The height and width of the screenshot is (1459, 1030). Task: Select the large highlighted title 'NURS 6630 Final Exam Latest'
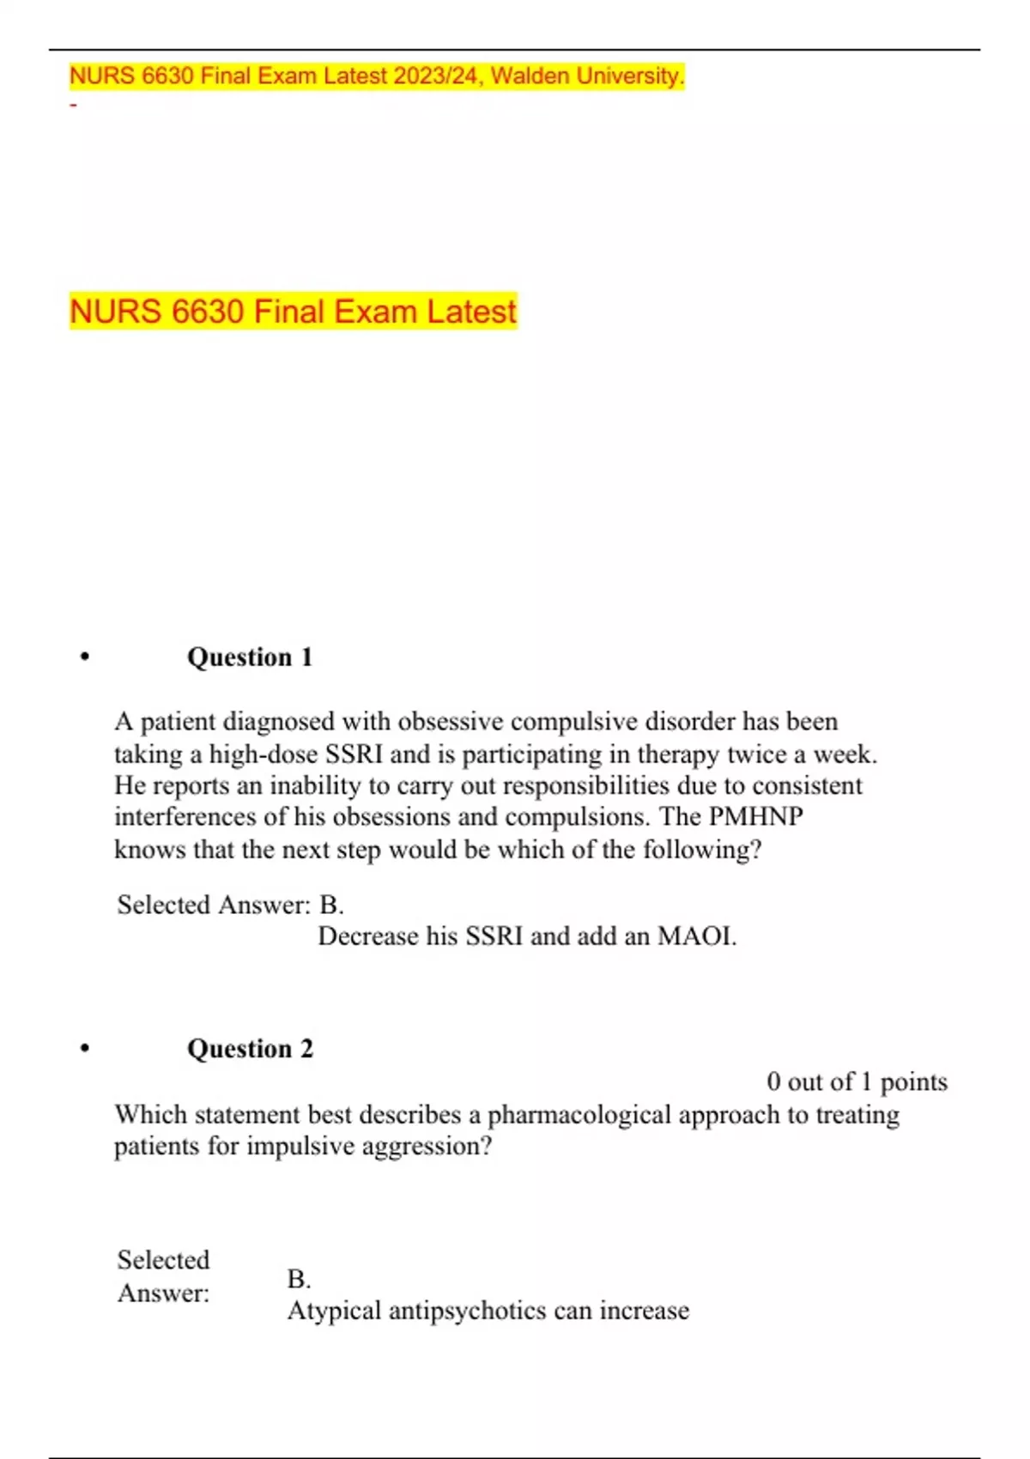(x=293, y=311)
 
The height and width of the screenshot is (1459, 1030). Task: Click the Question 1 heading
(x=250, y=657)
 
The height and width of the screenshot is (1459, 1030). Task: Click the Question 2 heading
(x=250, y=1049)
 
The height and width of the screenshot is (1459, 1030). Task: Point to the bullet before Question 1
(x=84, y=658)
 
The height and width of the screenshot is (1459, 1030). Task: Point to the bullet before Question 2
(x=84, y=1049)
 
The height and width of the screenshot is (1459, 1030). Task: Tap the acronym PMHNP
(x=755, y=816)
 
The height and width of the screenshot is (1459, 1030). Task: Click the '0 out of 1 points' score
(x=857, y=1082)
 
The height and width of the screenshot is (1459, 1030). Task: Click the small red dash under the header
(x=74, y=106)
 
